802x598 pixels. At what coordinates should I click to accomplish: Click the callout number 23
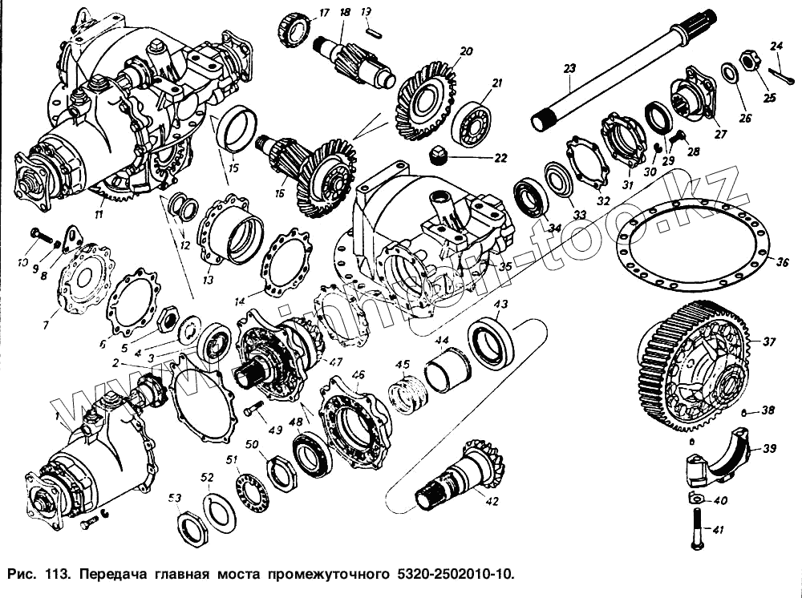[x=569, y=69]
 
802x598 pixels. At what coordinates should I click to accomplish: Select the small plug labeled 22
[x=439, y=156]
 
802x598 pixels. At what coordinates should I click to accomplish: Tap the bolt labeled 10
[x=38, y=234]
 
